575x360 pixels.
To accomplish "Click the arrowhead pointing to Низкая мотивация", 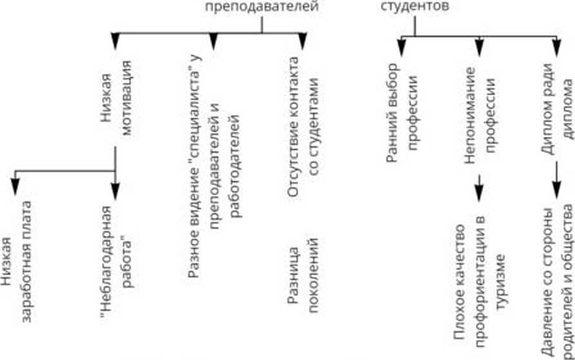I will click(x=116, y=42).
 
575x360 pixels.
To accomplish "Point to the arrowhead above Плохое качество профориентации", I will click(x=479, y=191).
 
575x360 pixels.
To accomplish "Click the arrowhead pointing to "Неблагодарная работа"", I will click(x=116, y=191).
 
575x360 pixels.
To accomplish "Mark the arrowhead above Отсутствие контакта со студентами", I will click(x=302, y=42).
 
